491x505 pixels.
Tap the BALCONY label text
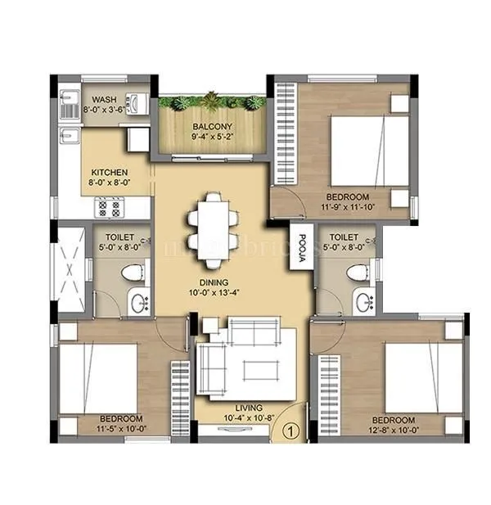[x=213, y=127]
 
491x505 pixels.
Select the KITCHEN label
[x=110, y=172]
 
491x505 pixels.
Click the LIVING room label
[x=248, y=408]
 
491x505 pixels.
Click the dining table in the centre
[x=213, y=230]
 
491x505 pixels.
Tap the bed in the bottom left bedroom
[x=97, y=378]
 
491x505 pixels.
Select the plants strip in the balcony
[x=213, y=102]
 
